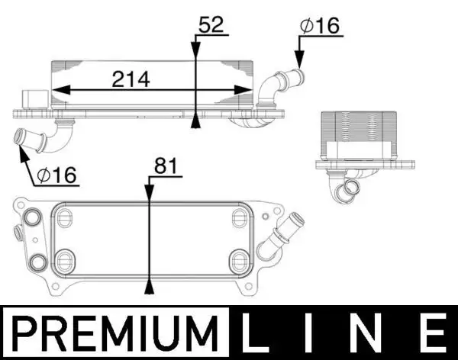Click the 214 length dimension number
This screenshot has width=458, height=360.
(x=131, y=78)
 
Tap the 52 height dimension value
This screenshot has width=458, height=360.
(x=210, y=24)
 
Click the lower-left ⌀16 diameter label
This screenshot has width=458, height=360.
(x=57, y=175)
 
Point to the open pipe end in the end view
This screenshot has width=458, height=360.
(x=353, y=188)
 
